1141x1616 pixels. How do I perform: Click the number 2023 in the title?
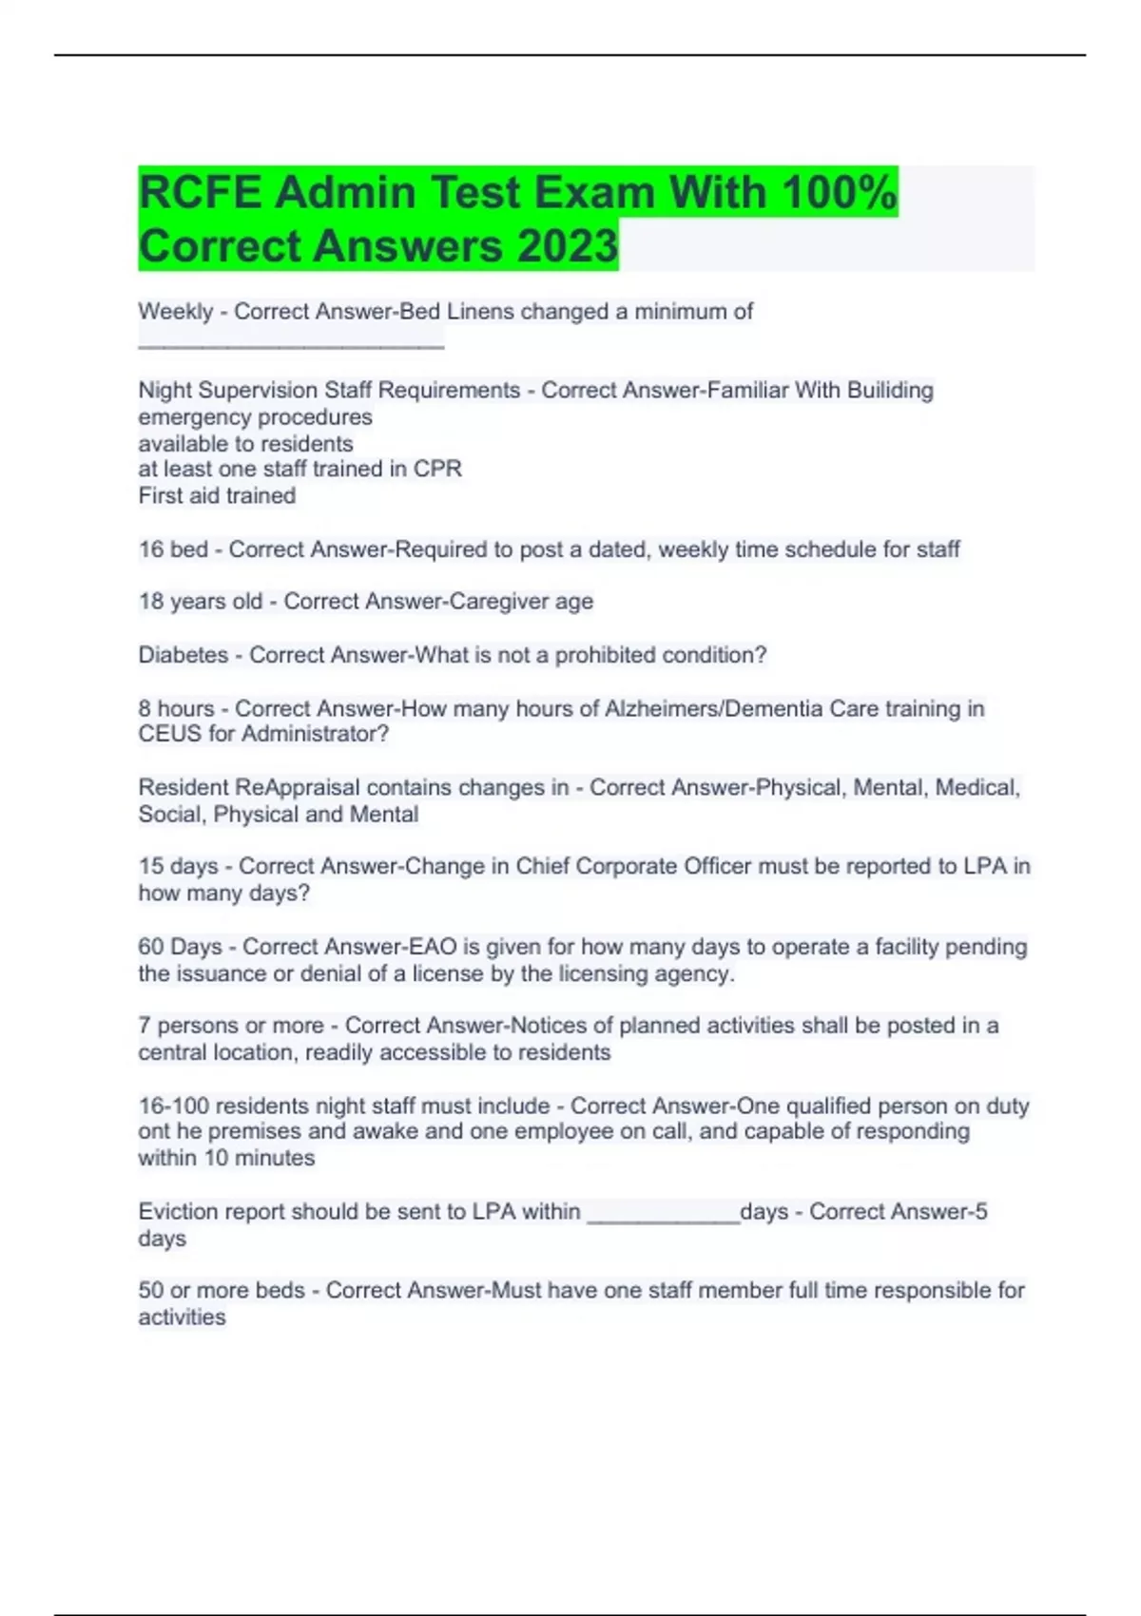point(568,245)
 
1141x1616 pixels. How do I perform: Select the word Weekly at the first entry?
point(175,312)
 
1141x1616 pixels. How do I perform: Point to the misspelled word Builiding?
point(890,391)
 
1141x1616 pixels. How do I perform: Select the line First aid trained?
point(217,496)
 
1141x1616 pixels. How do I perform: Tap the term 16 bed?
point(173,549)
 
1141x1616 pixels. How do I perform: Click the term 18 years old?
point(200,602)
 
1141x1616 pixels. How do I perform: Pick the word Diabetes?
point(183,655)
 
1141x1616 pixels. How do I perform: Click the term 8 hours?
point(176,709)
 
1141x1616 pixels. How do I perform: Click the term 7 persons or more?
point(231,1026)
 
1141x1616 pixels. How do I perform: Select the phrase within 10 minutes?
point(226,1159)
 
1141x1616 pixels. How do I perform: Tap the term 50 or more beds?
point(222,1291)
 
